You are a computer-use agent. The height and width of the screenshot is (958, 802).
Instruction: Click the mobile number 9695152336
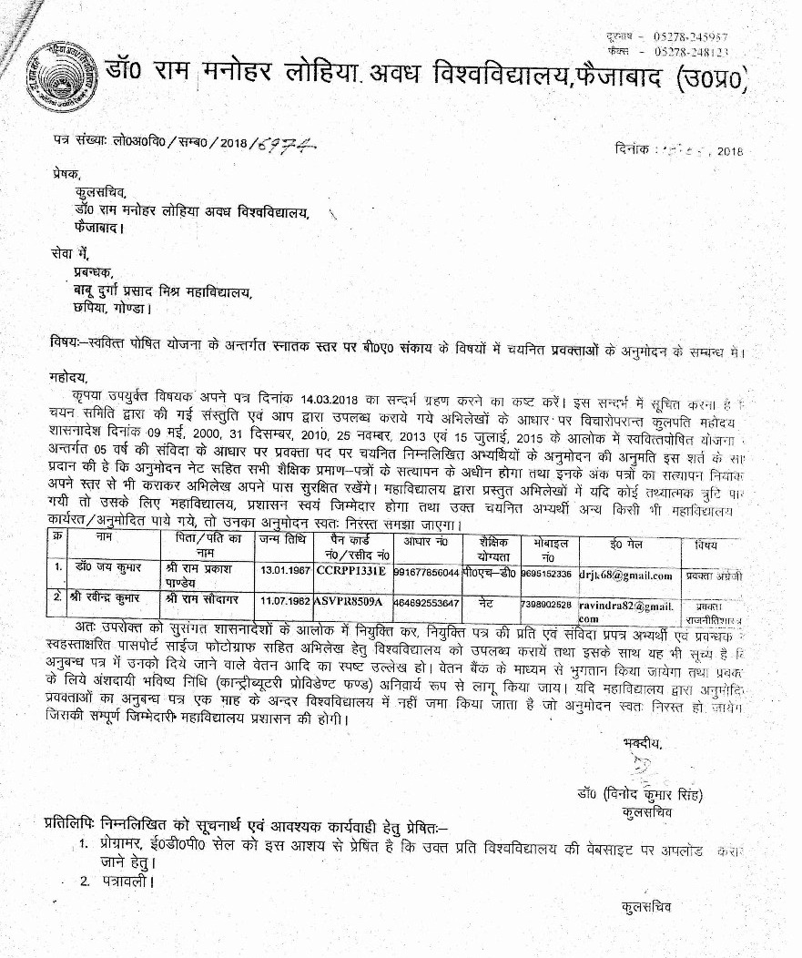(x=545, y=575)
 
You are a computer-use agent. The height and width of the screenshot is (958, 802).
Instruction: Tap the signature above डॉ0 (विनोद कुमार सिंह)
(x=641, y=765)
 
